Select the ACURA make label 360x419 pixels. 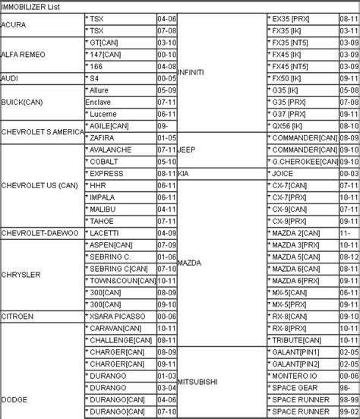16,24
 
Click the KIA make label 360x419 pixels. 183,173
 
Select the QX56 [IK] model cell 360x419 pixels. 293,125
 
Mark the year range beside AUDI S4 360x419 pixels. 166,77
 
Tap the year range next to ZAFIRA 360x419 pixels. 166,137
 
